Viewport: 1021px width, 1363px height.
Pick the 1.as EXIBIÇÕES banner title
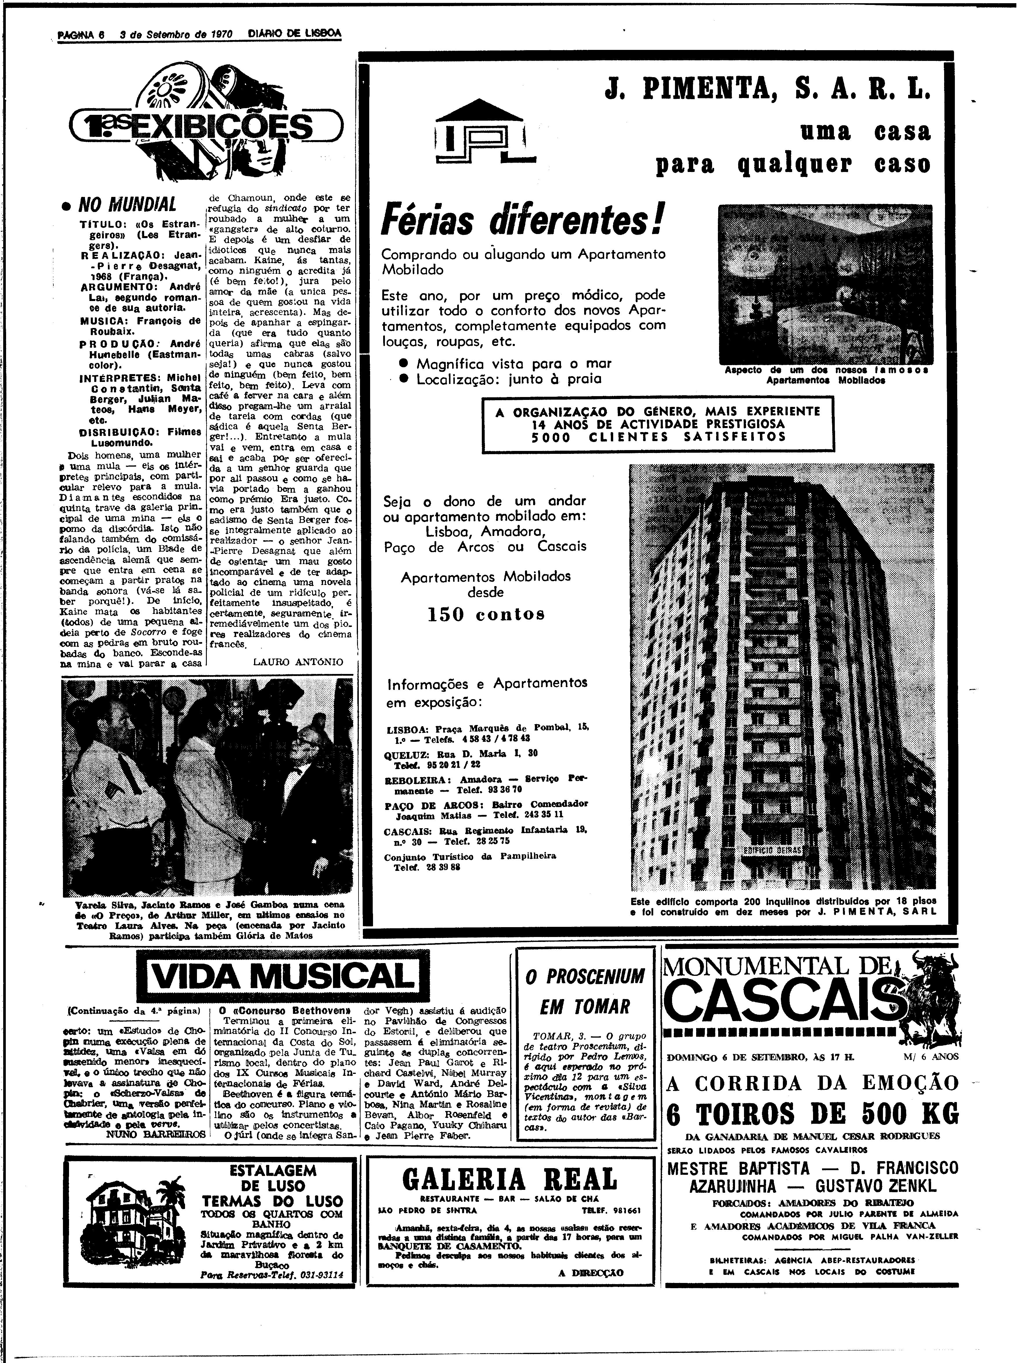(203, 127)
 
